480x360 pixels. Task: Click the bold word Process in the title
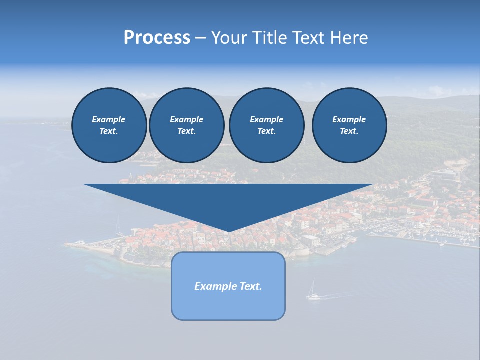pyautogui.click(x=157, y=38)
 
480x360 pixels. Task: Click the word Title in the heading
pyautogui.click(x=269, y=38)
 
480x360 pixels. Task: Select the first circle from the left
pyautogui.click(x=109, y=125)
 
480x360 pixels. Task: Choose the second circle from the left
pyautogui.click(x=187, y=125)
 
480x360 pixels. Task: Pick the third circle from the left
pyautogui.click(x=266, y=125)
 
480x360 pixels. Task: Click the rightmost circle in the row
pyautogui.click(x=349, y=125)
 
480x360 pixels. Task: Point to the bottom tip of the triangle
pyautogui.click(x=228, y=231)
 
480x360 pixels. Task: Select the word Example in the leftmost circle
pyautogui.click(x=109, y=119)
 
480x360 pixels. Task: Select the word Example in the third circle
pyautogui.click(x=266, y=119)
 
